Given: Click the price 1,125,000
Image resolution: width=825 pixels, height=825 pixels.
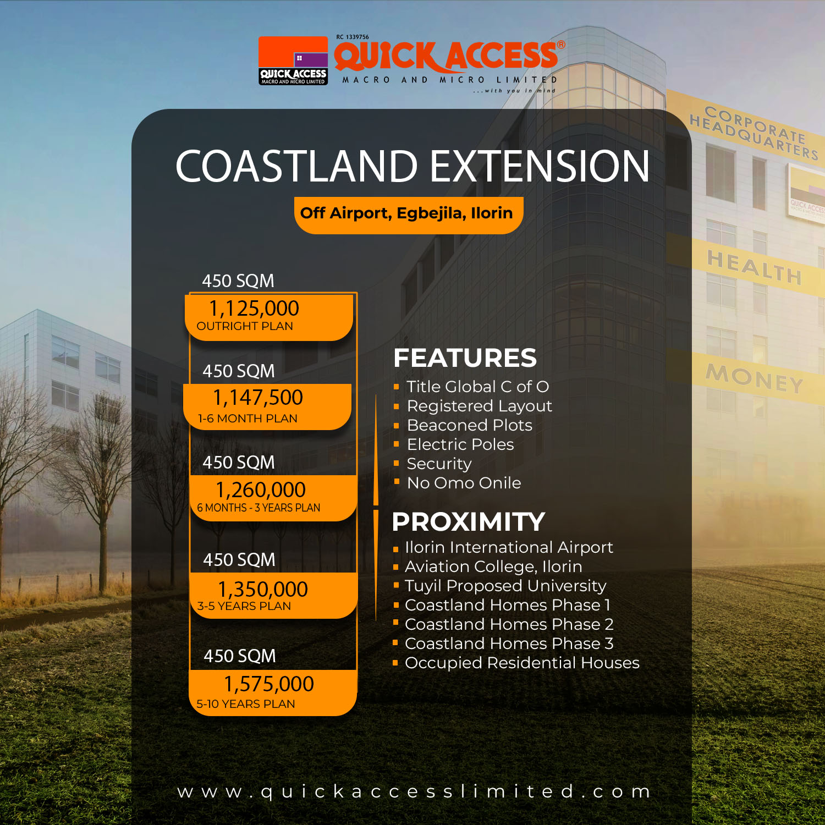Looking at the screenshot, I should (x=254, y=309).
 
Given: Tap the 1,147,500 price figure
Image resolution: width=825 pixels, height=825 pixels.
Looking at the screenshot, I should (x=258, y=398).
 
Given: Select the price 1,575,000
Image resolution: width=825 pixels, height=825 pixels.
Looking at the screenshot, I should (x=269, y=684).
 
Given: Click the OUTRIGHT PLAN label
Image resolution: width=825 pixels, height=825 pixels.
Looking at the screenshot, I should (x=245, y=326).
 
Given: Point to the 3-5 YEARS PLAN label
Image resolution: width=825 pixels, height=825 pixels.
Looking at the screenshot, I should (x=244, y=606).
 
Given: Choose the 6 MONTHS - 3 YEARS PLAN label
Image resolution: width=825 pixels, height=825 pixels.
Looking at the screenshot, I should (x=258, y=508).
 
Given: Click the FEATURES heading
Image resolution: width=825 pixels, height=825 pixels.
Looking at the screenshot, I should (x=465, y=358).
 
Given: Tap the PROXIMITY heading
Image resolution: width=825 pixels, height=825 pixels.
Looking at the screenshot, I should (x=468, y=522).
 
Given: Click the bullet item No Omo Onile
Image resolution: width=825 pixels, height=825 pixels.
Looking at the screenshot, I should (x=464, y=483).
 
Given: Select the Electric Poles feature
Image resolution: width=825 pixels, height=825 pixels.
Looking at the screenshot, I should (x=460, y=444).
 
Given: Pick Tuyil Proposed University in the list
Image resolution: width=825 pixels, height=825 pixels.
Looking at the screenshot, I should (x=505, y=586).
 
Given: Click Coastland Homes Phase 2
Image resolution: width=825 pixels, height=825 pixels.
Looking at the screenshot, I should (x=509, y=624).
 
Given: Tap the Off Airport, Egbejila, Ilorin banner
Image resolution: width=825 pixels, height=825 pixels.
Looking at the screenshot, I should (x=406, y=213).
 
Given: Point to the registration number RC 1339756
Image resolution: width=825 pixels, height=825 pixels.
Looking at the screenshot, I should (x=353, y=37).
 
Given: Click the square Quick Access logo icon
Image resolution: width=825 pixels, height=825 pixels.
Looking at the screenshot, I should (x=293, y=61).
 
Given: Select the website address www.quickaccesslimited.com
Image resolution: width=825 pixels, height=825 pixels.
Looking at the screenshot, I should (x=414, y=791).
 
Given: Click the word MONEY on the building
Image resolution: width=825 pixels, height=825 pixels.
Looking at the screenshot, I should (x=755, y=378).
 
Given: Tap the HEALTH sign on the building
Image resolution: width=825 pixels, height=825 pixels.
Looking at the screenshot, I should (x=754, y=267).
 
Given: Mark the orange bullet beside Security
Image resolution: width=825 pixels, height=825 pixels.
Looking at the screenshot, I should (x=396, y=463).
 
